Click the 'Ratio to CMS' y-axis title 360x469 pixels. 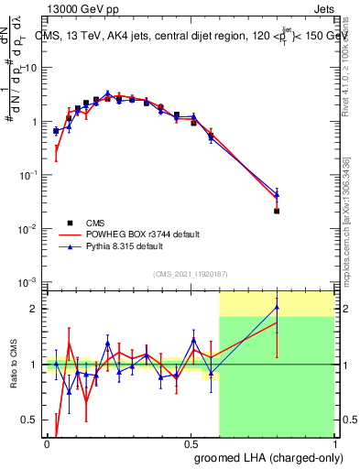point(14,365)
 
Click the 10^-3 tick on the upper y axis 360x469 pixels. point(32,281)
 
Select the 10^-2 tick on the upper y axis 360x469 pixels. point(32,228)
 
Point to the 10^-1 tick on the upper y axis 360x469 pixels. point(32,174)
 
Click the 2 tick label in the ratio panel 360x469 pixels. point(35,309)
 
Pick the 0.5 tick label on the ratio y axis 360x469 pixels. point(32,420)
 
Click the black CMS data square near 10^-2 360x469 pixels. point(277,211)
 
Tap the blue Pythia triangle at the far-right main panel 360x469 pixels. point(277,195)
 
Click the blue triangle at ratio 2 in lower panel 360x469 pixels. point(277,308)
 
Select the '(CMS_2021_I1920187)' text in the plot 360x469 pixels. point(190,272)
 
